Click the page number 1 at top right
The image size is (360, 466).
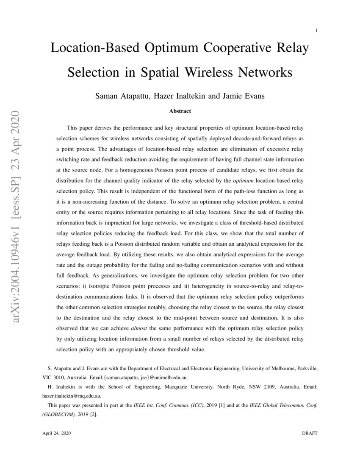[317, 30]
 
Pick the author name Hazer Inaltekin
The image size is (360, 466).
[181, 96]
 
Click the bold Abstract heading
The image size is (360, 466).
[180, 111]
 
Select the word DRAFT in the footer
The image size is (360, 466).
[310, 433]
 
